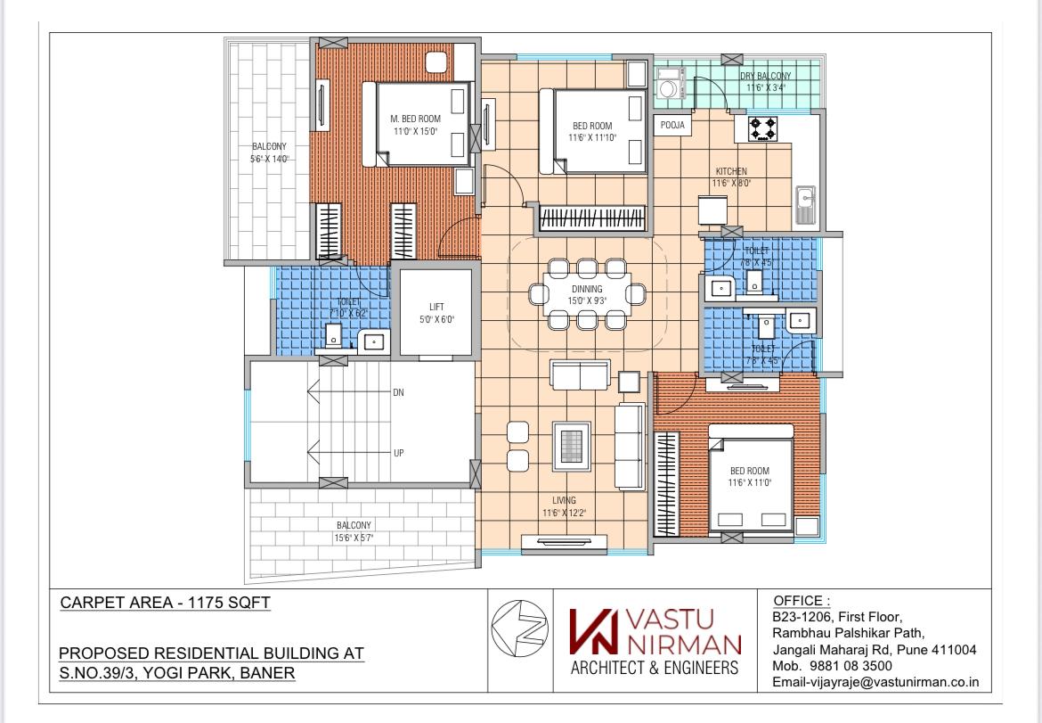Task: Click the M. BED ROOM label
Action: [416, 119]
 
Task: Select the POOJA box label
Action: [672, 126]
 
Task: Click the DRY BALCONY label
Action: [766, 77]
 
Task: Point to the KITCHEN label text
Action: [730, 171]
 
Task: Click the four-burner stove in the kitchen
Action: [762, 129]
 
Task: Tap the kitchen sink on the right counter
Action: [805, 204]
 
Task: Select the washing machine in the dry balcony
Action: [667, 88]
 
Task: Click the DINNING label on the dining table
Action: [587, 289]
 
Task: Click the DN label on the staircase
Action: [399, 392]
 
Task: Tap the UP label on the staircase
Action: [399, 453]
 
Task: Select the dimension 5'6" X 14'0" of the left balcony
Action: [269, 159]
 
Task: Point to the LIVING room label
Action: [563, 500]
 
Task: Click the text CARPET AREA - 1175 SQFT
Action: [165, 604]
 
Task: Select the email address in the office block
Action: [876, 683]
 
